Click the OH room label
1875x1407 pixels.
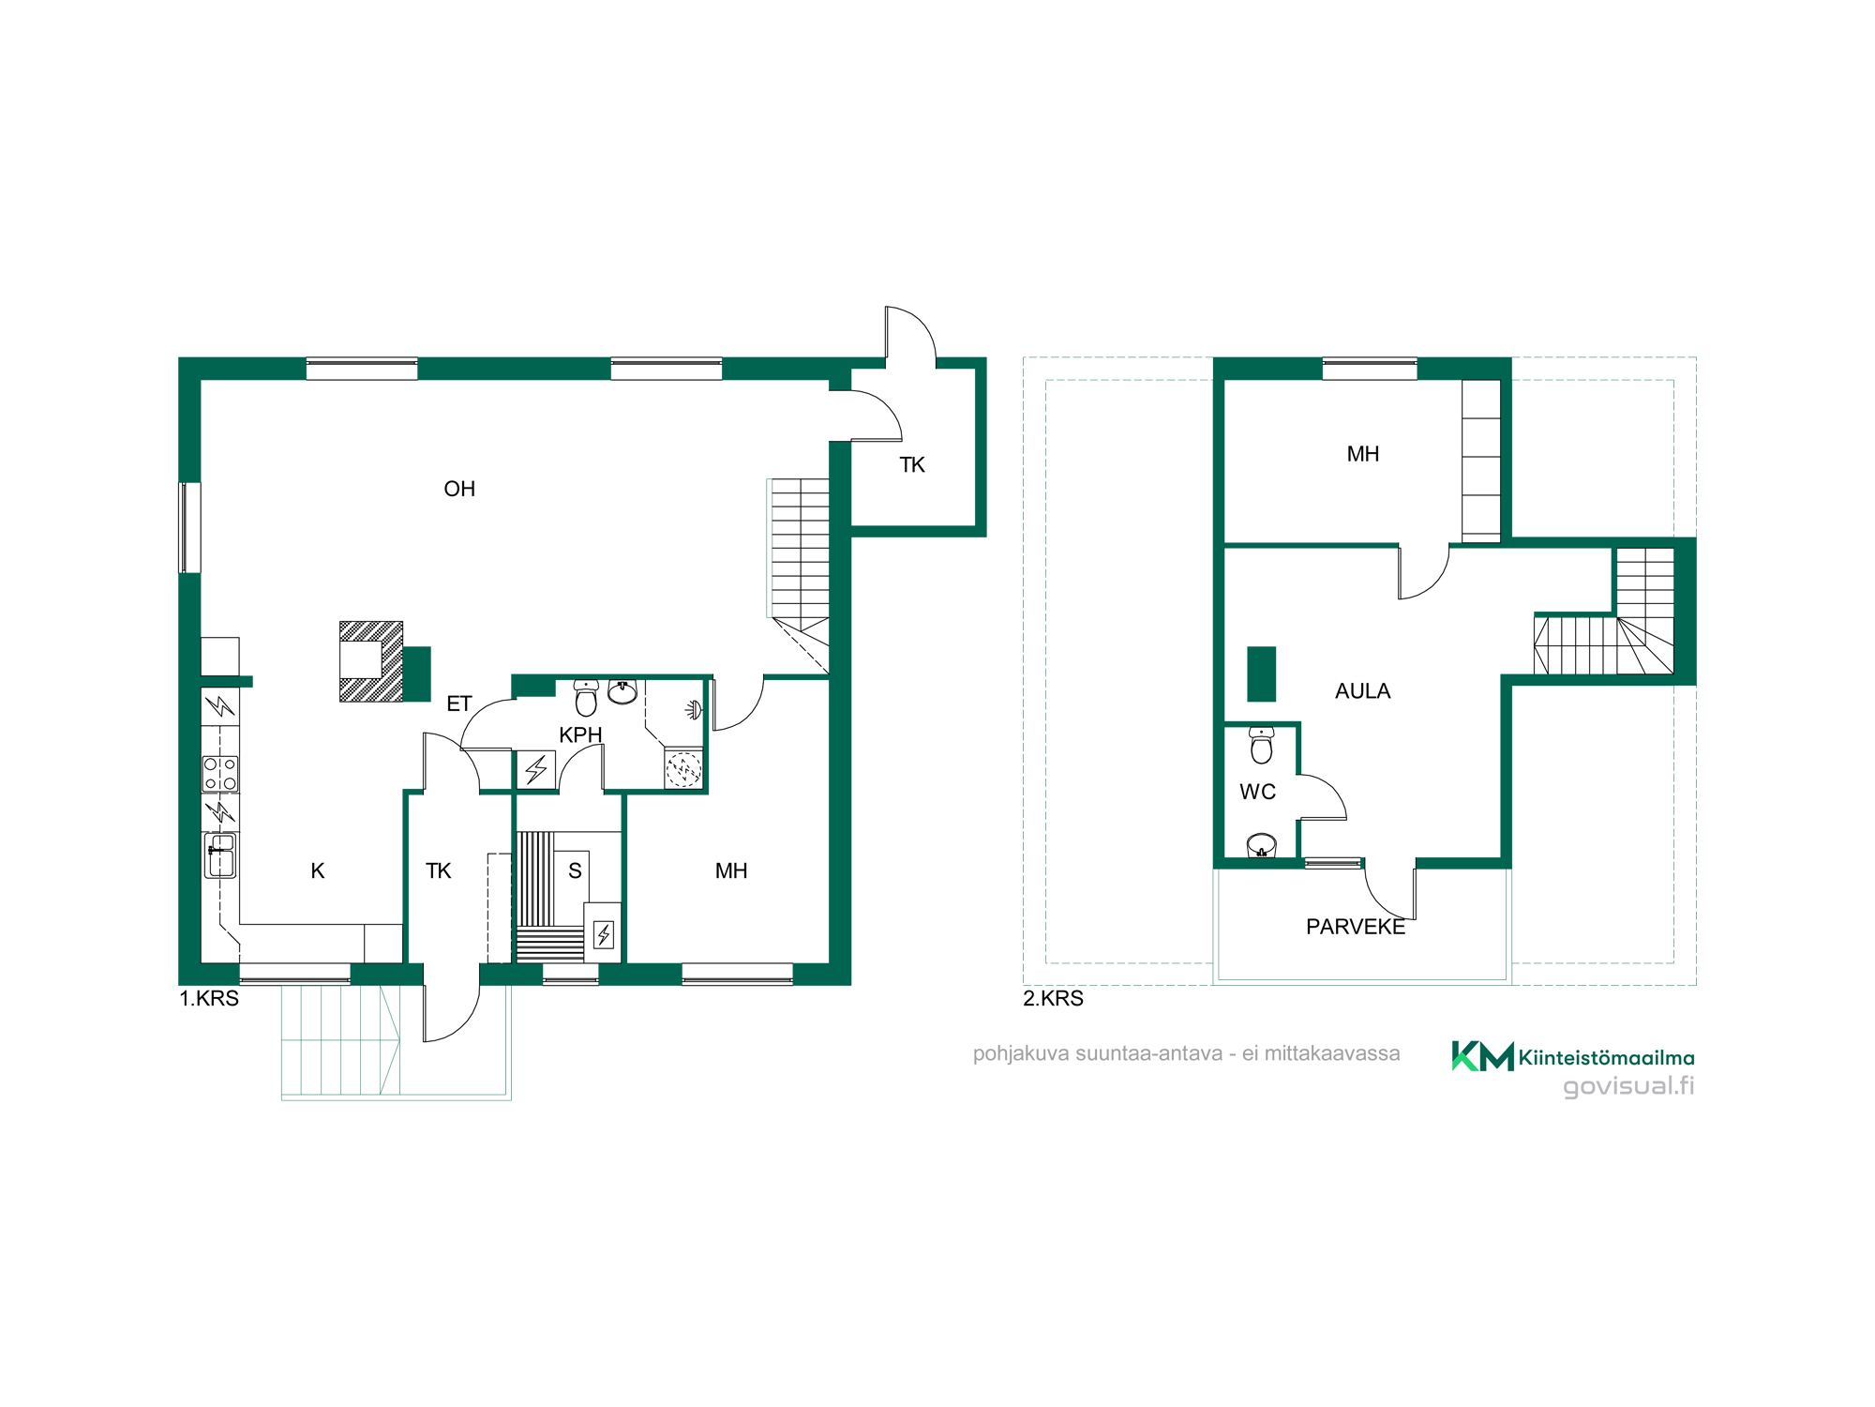pos(459,489)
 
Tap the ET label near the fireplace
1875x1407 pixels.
pos(458,703)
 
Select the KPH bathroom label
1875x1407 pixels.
pos(580,734)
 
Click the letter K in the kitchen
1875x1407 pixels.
pos(318,870)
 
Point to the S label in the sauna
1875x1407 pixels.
pos(575,870)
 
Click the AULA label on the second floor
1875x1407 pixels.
pos(1362,691)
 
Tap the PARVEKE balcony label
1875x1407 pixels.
pos(1356,927)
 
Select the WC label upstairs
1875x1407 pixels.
pos(1257,792)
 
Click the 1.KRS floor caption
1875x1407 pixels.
pos(209,998)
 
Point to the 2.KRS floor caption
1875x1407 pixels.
pos(1053,998)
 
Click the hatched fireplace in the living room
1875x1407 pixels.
pos(371,661)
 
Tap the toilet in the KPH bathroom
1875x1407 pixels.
pos(586,698)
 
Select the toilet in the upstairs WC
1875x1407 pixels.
pos(1262,746)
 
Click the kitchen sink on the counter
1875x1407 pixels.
pos(220,855)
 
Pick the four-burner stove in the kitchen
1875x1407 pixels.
pos(220,774)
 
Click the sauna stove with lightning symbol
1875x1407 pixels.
pos(604,933)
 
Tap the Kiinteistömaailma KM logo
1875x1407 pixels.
pos(1483,1056)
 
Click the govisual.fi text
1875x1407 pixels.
pos(1628,1086)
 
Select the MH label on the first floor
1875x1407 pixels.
pos(731,870)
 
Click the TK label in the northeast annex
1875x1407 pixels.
pos(912,465)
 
